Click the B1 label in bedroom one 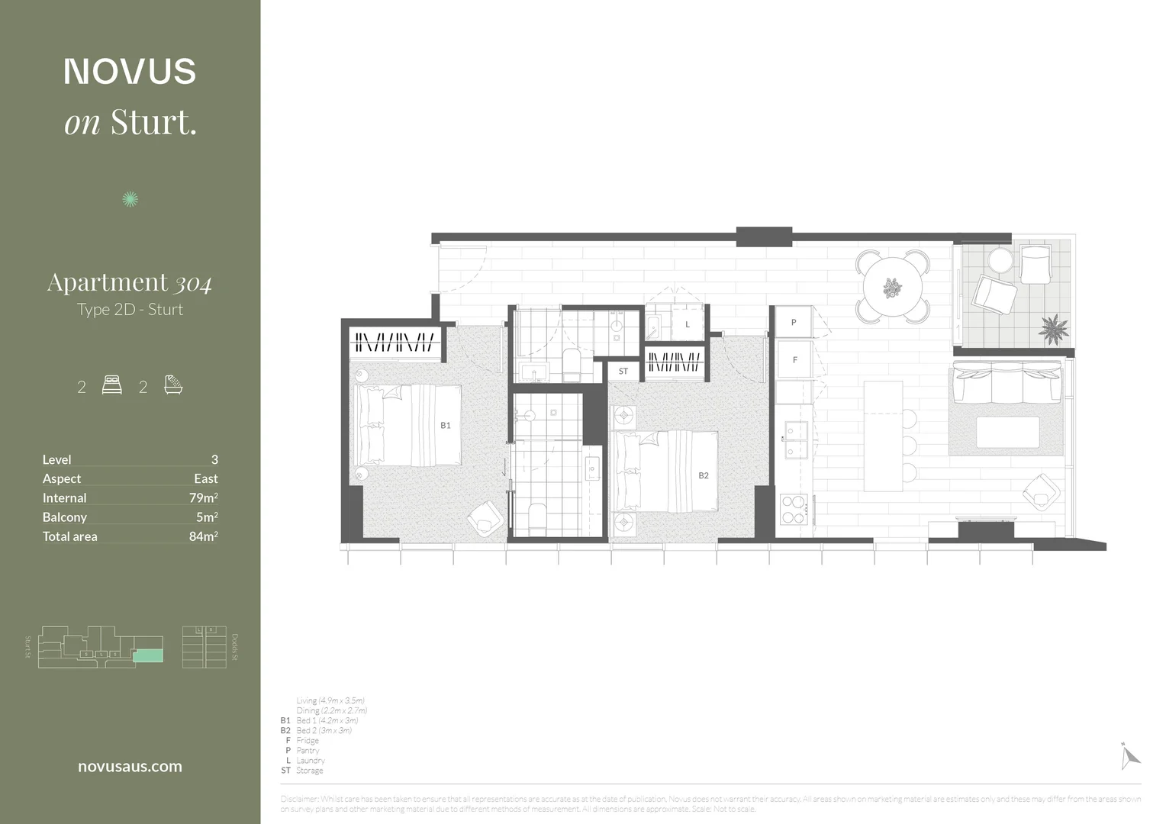tap(445, 426)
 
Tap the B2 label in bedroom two tap(703, 475)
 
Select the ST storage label tap(623, 372)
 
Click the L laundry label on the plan tap(687, 324)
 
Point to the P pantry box tap(794, 323)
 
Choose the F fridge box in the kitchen tap(794, 360)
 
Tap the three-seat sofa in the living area tap(1007, 383)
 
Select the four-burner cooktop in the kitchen tap(794, 510)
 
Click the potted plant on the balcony tap(1053, 330)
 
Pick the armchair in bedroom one tap(485, 518)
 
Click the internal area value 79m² tap(203, 497)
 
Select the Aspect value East tap(205, 478)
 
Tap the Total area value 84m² tap(203, 536)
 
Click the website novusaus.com tap(130, 767)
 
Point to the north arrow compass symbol tap(1129, 756)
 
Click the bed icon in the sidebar tap(111, 385)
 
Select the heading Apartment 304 tap(130, 282)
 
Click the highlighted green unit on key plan tap(147, 656)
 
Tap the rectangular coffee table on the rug tap(1007, 432)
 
